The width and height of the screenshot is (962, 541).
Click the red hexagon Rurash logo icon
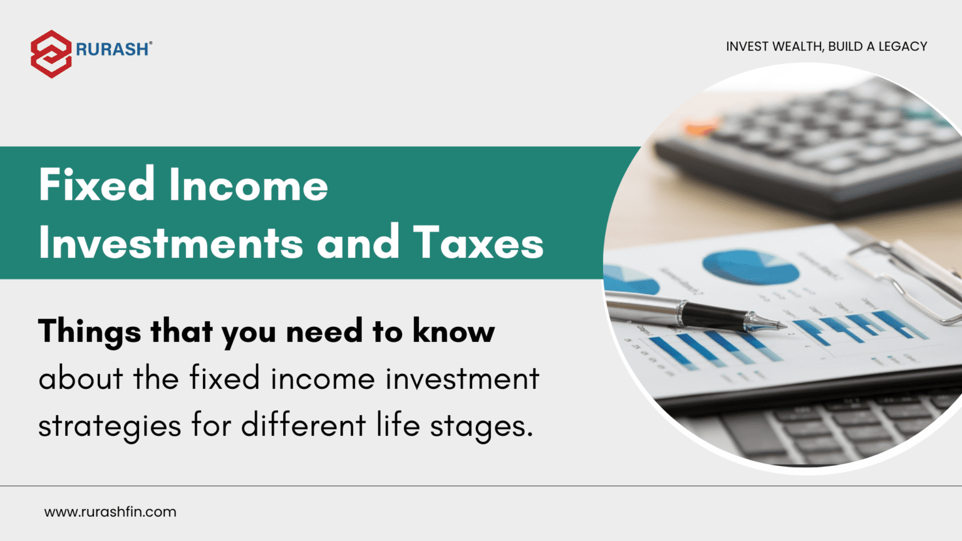[x=51, y=54]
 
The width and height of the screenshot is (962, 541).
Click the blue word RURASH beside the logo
[x=113, y=49]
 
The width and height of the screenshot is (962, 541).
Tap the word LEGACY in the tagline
[x=903, y=46]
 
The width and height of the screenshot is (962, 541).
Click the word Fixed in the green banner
[x=96, y=185]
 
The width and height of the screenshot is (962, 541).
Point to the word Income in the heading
[x=248, y=185]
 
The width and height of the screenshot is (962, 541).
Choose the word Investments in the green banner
[x=170, y=243]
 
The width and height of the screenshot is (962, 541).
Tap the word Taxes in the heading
[x=478, y=243]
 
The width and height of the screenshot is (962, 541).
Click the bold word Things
[x=90, y=331]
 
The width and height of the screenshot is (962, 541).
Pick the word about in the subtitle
[x=80, y=379]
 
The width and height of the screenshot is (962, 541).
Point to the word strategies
[x=110, y=426]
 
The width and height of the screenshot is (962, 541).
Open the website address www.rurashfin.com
[x=110, y=512]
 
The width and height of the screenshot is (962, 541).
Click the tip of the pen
[x=783, y=326]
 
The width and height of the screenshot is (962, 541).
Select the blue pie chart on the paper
[x=750, y=266]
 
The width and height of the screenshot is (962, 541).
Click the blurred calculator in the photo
[x=808, y=150]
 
